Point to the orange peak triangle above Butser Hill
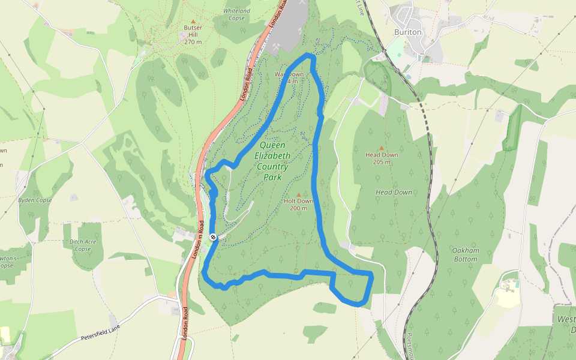tap(193, 22)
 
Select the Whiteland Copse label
tap(236, 14)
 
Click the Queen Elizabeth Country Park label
tap(275, 161)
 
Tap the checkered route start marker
tap(213, 237)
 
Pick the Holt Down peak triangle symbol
tap(298, 194)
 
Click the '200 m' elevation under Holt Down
tap(298, 208)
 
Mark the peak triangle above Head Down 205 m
tap(382, 148)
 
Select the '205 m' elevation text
tap(382, 162)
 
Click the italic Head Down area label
tap(394, 192)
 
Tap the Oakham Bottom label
tap(466, 255)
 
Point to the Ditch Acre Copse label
tap(83, 245)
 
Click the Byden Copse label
tap(35, 200)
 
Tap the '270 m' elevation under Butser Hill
tap(193, 42)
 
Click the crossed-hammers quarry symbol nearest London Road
tap(277, 45)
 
